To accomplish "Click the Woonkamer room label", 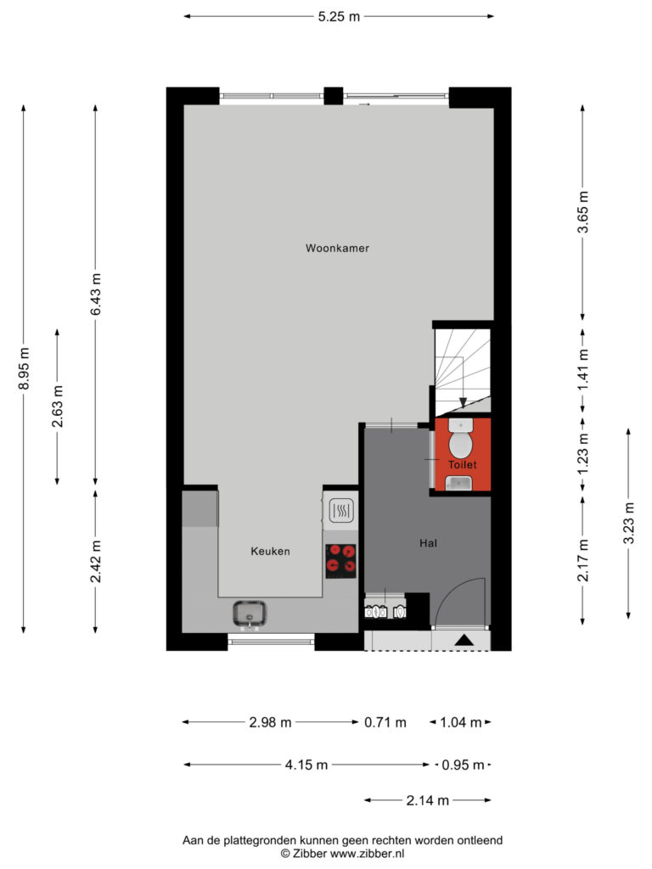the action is tap(337, 249).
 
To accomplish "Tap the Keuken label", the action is tap(270, 551).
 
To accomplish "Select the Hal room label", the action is tap(428, 543).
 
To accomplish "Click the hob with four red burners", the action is tap(340, 561).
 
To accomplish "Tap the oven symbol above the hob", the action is tap(341, 511).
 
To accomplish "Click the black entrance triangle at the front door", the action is tap(464, 640).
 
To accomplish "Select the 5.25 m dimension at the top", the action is tap(339, 17).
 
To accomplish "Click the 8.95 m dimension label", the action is tap(24, 368).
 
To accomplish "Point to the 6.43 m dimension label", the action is tap(96, 294).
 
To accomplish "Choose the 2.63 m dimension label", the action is tap(58, 406).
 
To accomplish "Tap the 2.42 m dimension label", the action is tap(96, 562).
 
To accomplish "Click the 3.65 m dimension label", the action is tap(583, 211).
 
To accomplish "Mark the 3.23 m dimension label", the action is tap(629, 523).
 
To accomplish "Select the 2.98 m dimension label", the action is tap(270, 722).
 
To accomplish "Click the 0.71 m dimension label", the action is tap(385, 723).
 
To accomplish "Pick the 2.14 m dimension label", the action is tap(428, 800).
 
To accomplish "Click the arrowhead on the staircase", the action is tap(463, 403).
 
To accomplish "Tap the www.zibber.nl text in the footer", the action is tap(367, 854).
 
